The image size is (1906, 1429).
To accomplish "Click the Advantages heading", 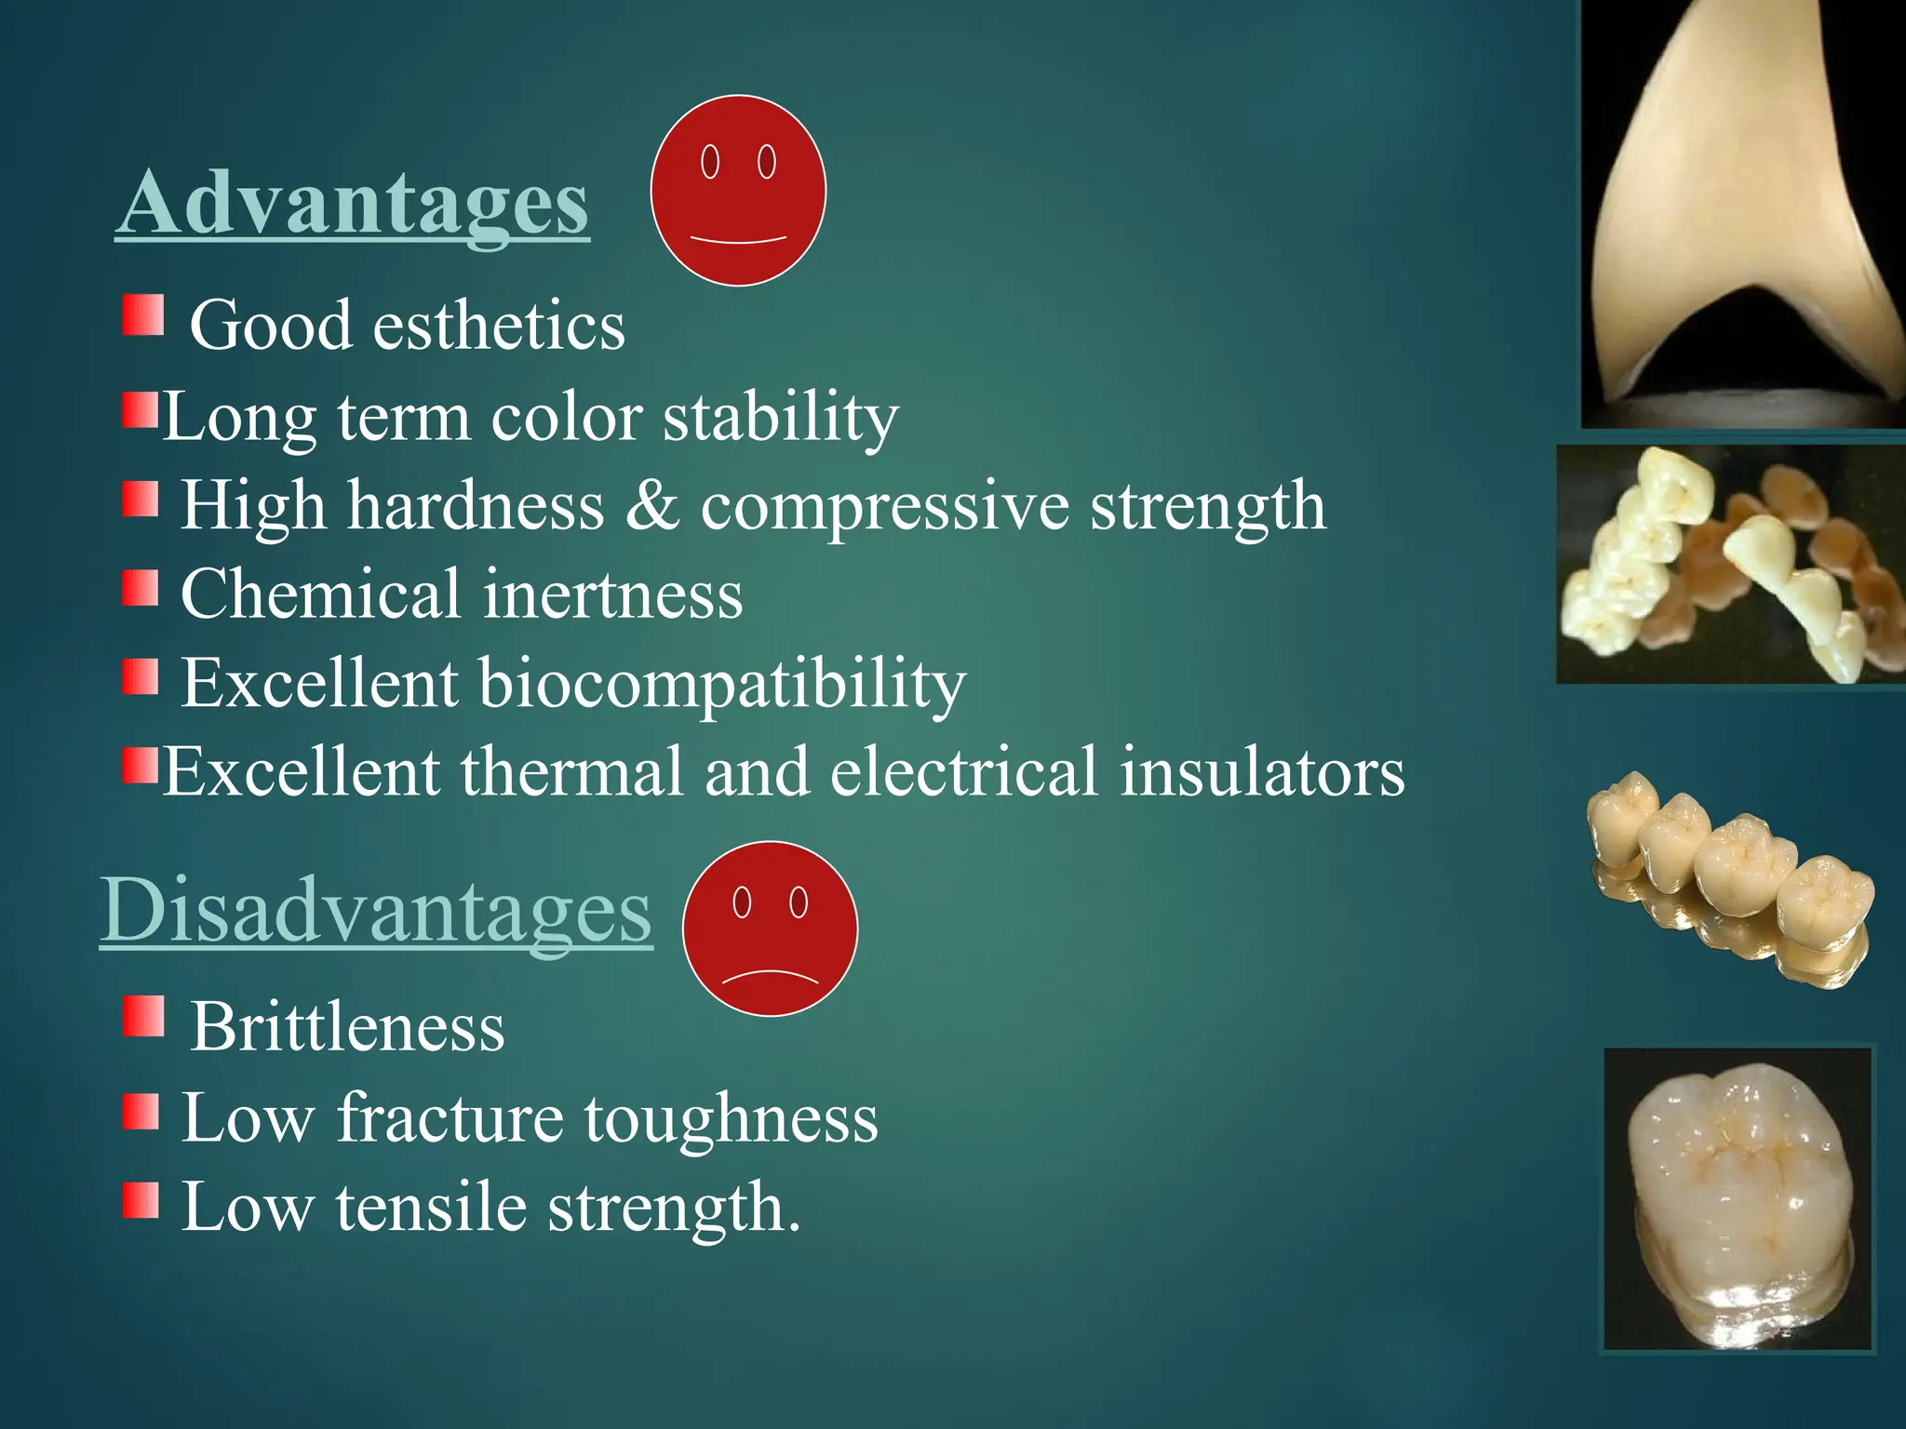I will pos(352,203).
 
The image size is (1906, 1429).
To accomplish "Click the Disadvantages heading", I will pos(376,910).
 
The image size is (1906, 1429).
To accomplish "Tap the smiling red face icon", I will pos(738,191).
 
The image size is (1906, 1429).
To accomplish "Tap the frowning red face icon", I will pos(770,928).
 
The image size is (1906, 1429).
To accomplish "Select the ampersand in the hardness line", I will pos(651,506).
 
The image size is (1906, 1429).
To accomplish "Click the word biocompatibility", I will pos(722,683).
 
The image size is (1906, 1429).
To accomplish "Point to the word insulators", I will pos(1262,772).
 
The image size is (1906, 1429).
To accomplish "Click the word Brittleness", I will pos(347,1027).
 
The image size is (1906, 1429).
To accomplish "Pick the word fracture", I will pos(450,1117).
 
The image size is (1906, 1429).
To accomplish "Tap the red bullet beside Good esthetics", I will pos(143,315).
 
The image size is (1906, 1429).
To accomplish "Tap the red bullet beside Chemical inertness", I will pos(140,588).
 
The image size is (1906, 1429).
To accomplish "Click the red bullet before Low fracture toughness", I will pos(140,1111).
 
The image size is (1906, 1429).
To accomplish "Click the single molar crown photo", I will pos(1737,1198).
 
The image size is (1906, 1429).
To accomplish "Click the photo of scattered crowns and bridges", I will pos(1729,565).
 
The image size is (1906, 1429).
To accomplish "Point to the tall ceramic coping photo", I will pos(1742,214).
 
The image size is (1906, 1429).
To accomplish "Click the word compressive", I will pos(884,506).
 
